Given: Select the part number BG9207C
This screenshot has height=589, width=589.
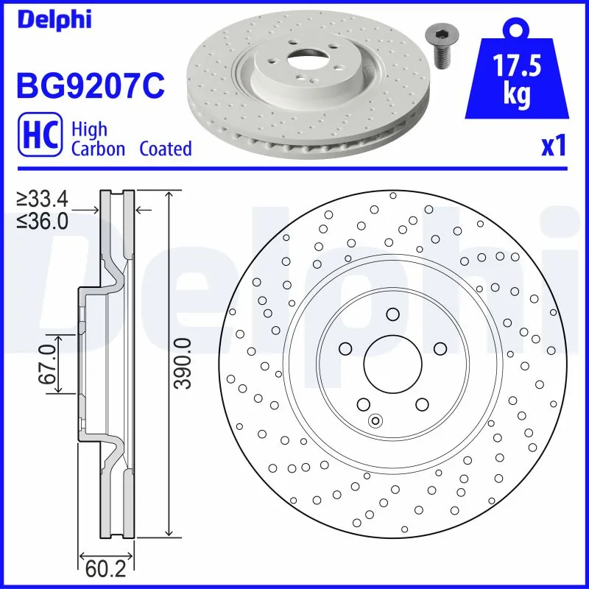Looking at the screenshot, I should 89,85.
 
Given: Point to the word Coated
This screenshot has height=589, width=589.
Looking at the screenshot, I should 166,149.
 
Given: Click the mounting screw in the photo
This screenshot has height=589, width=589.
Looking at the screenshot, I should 440,46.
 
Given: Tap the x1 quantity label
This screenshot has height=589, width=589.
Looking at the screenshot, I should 553,146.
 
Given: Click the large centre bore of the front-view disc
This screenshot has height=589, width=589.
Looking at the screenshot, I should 392,365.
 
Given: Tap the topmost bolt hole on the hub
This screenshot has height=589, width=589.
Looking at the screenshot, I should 392,315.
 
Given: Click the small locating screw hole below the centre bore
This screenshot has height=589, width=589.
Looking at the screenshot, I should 375,421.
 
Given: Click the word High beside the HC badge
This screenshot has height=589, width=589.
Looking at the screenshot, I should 89,130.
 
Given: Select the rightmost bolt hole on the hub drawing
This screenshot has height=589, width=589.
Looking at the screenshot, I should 440,349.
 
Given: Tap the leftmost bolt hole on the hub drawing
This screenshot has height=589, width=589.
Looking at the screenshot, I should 345,349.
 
